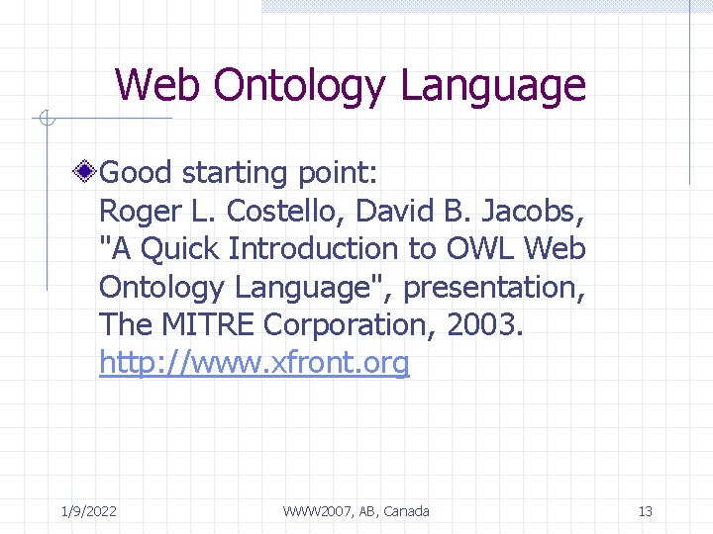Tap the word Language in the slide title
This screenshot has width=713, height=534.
493,87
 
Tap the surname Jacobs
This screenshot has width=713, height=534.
534,212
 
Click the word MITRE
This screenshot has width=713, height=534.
204,324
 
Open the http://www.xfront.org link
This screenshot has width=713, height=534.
254,363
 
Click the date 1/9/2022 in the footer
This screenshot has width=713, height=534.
88,511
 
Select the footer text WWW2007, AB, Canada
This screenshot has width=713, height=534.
356,511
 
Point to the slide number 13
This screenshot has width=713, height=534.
645,511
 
